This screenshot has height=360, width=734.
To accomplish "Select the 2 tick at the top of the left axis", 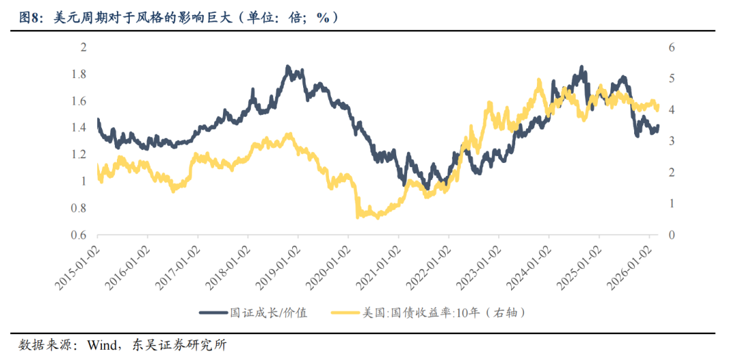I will (x=84, y=48).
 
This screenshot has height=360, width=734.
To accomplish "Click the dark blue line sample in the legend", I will (x=217, y=312).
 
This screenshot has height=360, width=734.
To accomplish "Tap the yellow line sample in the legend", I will (x=349, y=312).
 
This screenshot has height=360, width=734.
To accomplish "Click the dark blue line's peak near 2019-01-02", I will (x=288, y=67).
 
